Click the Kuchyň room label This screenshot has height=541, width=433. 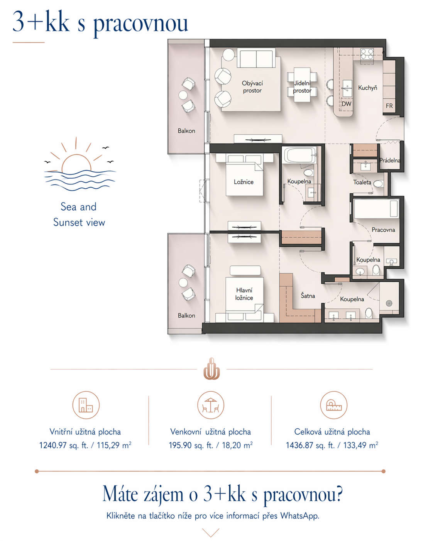368,88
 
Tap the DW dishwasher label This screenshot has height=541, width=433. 346,103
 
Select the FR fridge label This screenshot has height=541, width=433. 389,106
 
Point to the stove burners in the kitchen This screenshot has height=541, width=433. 367,54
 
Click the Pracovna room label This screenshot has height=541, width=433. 383,230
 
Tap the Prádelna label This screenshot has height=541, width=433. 389,160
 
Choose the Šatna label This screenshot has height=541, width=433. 308,295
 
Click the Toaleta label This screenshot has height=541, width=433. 362,182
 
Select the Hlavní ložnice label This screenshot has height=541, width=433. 244,294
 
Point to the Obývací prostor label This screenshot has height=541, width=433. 252,87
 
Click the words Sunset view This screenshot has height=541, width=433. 79,223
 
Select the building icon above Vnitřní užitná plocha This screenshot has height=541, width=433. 86,405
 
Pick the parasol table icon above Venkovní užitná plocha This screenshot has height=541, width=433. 211,405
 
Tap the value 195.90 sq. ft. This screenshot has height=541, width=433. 191,445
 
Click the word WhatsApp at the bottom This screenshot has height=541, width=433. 300,516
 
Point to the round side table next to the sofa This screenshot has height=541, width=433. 228,54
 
